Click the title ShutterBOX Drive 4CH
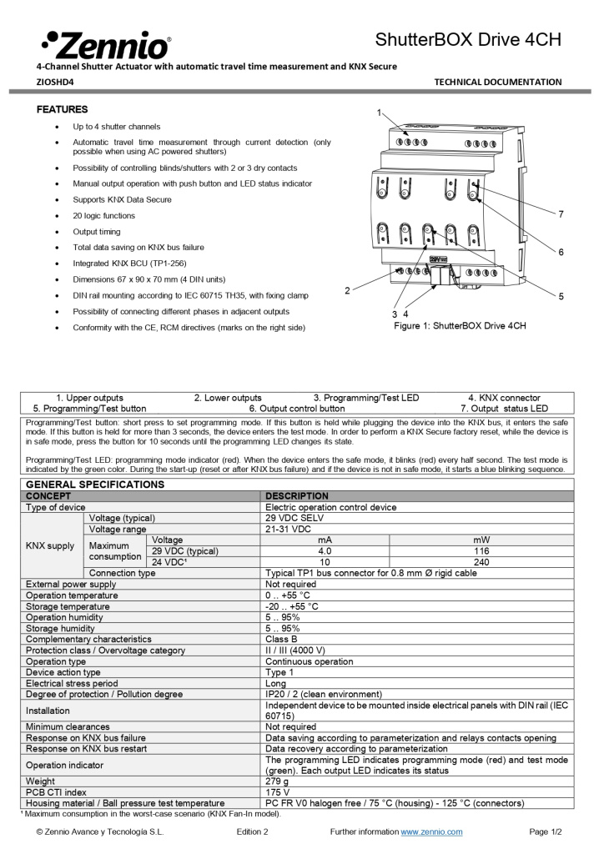click(468, 40)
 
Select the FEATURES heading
click(62, 109)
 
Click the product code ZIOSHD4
click(55, 82)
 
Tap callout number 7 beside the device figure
click(561, 214)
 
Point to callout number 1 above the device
click(378, 112)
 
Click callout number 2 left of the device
click(347, 290)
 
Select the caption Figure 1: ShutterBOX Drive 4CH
click(460, 325)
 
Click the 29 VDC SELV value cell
click(294, 518)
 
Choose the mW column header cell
click(481, 540)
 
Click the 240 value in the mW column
click(481, 562)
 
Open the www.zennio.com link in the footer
click(431, 831)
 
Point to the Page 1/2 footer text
click(546, 831)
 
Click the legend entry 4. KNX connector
click(504, 398)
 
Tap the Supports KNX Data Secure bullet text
click(122, 199)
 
